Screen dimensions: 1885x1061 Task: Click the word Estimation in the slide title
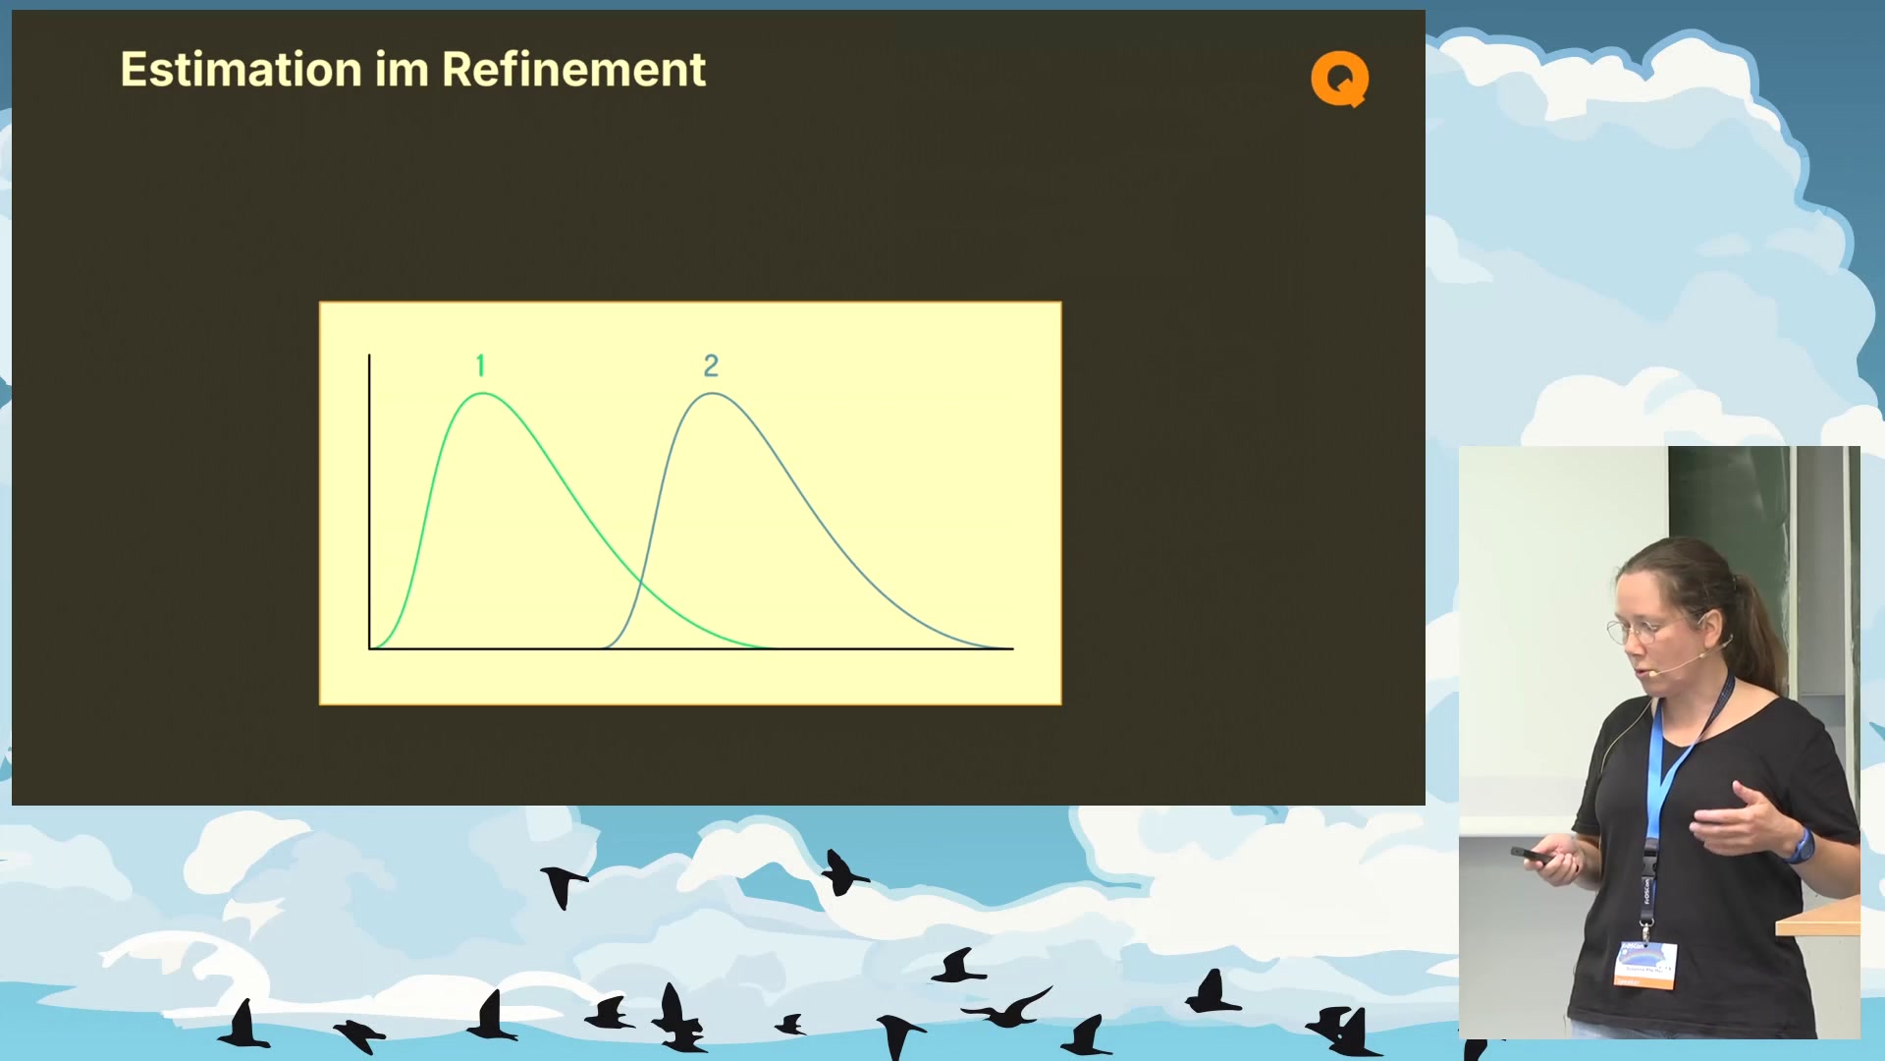click(x=242, y=70)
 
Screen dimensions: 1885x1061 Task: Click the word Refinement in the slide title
click(x=573, y=70)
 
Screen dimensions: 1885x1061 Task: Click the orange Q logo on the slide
click(x=1340, y=79)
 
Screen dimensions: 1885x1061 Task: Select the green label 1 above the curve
click(x=480, y=365)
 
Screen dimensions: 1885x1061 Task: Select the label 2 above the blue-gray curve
click(x=712, y=365)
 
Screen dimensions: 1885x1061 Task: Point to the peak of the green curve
click(x=483, y=394)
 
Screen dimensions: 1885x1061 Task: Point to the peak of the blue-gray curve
click(x=713, y=394)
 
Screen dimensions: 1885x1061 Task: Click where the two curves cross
click(x=640, y=584)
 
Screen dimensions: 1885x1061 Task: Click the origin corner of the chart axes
click(x=370, y=648)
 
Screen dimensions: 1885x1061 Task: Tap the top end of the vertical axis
click(x=369, y=355)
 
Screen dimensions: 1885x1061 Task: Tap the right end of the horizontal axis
click(x=1013, y=648)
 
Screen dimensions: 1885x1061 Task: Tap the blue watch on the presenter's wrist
click(x=1802, y=847)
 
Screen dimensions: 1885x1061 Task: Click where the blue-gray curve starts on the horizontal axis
click(x=603, y=648)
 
